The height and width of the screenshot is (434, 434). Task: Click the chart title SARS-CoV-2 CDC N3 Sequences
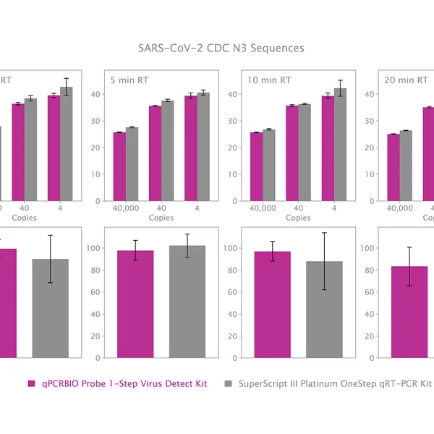coord(221,48)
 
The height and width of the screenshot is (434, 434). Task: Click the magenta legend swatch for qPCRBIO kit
coord(31,384)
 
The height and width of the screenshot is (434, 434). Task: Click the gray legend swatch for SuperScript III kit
coord(229,384)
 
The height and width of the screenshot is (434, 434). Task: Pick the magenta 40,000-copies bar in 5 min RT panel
coord(119,166)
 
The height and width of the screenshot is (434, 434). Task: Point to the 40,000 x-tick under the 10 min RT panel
coord(263,208)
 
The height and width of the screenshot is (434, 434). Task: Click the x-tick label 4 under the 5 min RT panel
coord(197,208)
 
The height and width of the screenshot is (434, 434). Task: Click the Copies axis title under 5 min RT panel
coord(161,218)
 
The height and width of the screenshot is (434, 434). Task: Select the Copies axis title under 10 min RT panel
coord(298,218)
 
